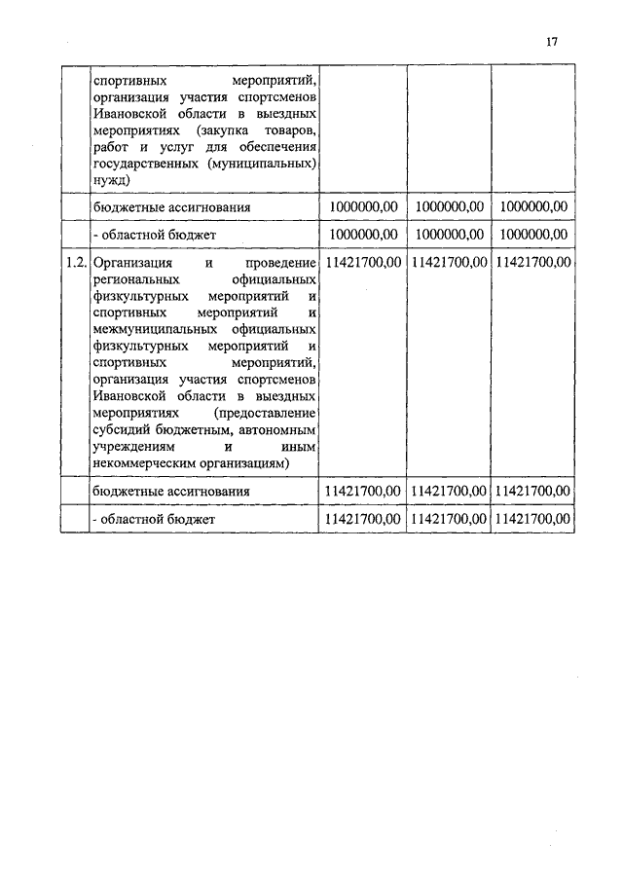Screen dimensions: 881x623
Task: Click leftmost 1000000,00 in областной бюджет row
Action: pyautogui.click(x=362, y=235)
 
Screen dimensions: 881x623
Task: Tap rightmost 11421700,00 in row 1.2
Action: pyautogui.click(x=533, y=263)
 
